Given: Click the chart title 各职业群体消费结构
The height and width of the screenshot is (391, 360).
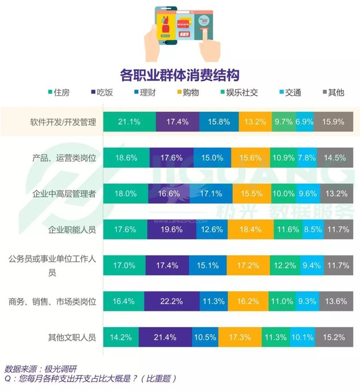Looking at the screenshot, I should click(179, 75).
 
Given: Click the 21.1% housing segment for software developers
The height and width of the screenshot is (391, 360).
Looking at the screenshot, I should click(130, 122).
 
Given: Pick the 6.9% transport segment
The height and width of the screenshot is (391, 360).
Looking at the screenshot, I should click(305, 122).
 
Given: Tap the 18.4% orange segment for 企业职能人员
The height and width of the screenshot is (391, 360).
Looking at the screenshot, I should click(251, 229).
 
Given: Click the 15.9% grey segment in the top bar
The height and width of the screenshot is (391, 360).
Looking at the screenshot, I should click(333, 122).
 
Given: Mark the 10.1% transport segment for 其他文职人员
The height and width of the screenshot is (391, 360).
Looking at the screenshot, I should click(302, 337).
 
